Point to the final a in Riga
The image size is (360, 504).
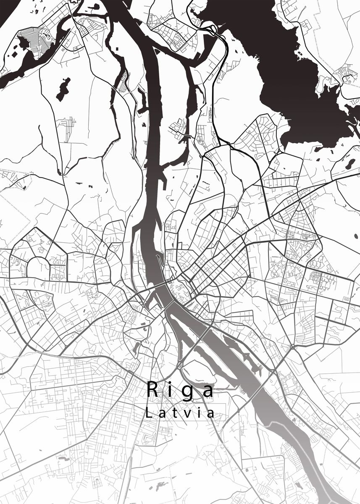[x=208, y=391]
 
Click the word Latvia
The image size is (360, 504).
[x=180, y=412]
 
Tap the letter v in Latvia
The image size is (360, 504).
[x=187, y=414]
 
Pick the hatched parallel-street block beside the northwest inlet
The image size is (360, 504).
[x=44, y=40]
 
